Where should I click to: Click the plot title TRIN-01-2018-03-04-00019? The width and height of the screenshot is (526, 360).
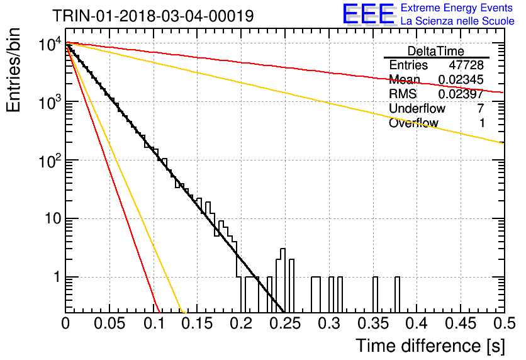click(x=153, y=16)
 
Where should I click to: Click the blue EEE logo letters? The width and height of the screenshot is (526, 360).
click(x=369, y=14)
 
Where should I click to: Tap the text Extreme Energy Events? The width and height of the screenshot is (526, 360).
click(x=457, y=8)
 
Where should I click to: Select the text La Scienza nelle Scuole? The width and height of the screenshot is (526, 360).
click(x=457, y=21)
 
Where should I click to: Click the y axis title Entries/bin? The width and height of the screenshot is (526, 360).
click(x=13, y=70)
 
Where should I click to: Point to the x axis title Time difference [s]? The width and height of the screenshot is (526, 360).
click(x=430, y=346)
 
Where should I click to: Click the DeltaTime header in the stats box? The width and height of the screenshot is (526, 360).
click(x=436, y=51)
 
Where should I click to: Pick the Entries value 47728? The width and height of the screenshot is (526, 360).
click(x=466, y=65)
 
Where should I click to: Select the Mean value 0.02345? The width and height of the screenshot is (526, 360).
click(x=461, y=80)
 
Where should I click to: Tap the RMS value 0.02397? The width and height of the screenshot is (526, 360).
click(x=461, y=94)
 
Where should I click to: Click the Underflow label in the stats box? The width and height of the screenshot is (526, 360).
click(x=417, y=108)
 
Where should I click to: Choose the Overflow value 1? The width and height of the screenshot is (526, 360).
click(x=482, y=123)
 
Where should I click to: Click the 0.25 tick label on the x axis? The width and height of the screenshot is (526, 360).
click(x=285, y=323)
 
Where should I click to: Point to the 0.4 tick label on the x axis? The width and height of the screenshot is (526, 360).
click(x=417, y=323)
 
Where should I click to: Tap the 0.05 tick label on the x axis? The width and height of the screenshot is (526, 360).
click(x=109, y=323)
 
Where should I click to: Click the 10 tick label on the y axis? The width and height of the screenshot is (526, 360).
click(x=53, y=219)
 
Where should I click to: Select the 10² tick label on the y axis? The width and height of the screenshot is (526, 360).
click(x=50, y=160)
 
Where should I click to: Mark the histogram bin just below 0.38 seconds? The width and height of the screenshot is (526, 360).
click(x=397, y=295)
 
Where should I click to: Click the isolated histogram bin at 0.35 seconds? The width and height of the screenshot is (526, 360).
click(x=376, y=295)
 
